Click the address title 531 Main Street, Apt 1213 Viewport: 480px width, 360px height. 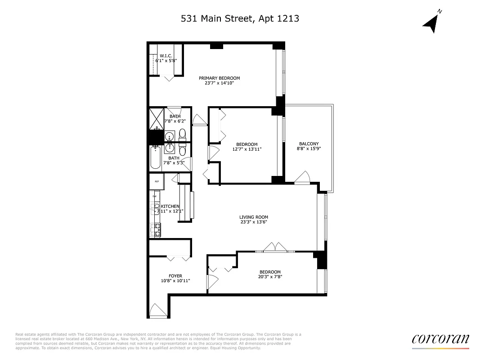point(240,18)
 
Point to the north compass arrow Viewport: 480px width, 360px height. point(432,23)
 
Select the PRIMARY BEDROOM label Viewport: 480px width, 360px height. point(219,78)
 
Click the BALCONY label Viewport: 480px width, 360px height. point(309,144)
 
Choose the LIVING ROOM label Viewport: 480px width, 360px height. point(253,217)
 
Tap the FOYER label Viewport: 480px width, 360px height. point(175,276)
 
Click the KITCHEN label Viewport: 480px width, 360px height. point(170,206)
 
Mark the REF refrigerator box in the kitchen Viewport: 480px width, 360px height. point(157,181)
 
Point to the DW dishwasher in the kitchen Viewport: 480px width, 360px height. point(154,196)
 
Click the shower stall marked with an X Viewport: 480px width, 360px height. point(157,118)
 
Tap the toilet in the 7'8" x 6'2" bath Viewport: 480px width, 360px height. point(182,133)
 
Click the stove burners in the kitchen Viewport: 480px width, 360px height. point(157,230)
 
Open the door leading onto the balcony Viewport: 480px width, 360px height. point(302,178)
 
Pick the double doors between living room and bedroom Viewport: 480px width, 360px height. point(274,247)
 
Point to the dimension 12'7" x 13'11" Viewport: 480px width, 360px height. point(247,149)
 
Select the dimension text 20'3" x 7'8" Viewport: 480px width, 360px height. point(270,277)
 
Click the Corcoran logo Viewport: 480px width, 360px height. point(440,339)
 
